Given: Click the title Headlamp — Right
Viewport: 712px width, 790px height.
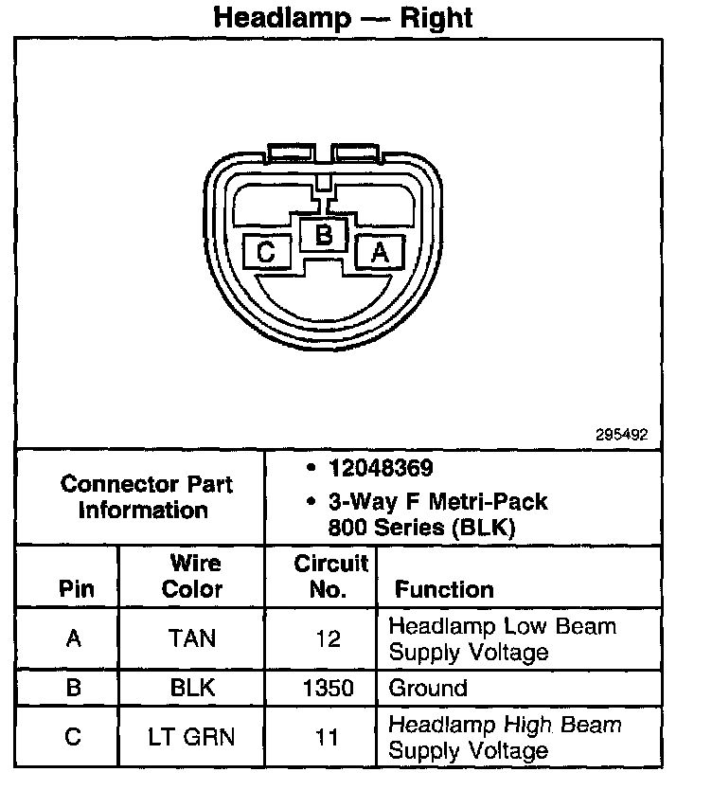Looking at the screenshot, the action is tap(342, 17).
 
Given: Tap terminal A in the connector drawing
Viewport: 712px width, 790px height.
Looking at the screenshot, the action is tap(379, 252).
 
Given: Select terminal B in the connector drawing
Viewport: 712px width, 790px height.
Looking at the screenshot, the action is tap(324, 233).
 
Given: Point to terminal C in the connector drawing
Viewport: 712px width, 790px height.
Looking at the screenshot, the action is tap(266, 252).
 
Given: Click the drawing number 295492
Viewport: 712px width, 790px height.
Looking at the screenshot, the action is tap(622, 435).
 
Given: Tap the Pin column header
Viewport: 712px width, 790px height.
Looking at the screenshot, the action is tap(77, 588).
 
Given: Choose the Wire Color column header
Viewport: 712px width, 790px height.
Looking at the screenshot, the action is tap(191, 576).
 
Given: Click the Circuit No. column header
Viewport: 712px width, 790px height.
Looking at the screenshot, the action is tap(329, 576).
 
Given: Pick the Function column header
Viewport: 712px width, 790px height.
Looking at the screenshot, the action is tap(444, 589).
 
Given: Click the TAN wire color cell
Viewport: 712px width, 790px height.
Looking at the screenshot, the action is tap(191, 638).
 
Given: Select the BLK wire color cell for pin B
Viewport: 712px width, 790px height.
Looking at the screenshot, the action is tap(191, 688).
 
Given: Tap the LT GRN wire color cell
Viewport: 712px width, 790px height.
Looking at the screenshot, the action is tap(191, 737).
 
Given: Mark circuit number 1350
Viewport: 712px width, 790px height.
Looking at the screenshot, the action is tap(329, 688).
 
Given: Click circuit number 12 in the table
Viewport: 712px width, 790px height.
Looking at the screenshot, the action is tap(329, 638).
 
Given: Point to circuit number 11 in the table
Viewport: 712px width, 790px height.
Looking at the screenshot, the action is tap(329, 737).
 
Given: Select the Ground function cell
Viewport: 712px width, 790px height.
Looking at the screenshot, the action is tap(429, 688).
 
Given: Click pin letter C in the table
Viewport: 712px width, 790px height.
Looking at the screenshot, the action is tap(74, 737).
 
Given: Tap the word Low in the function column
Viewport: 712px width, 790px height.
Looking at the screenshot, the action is tap(524, 626).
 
